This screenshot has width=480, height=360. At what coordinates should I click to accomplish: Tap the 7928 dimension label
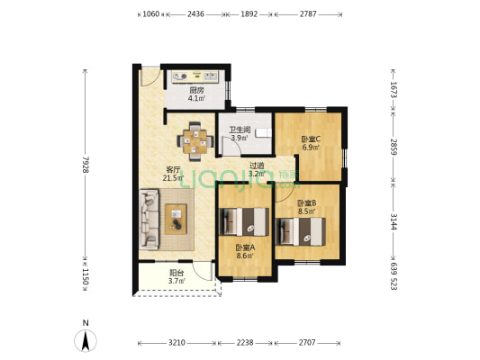pos(86,165)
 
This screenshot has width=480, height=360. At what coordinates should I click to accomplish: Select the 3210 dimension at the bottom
pos(177,343)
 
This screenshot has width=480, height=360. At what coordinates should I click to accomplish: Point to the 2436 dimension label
pos(195,13)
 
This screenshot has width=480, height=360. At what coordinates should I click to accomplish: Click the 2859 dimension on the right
pos(394,147)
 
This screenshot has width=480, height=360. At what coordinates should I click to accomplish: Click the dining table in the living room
pos(195,141)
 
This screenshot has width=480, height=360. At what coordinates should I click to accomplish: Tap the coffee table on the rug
pos(176,219)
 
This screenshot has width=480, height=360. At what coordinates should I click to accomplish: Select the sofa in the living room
pos(149,220)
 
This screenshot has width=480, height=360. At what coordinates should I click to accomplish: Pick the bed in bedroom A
pos(244,221)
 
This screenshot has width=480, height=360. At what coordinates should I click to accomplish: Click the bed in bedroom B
pos(301,231)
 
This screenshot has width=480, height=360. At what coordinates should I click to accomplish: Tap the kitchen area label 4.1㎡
pos(196,98)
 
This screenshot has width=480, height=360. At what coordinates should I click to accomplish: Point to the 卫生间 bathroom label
pos(240,130)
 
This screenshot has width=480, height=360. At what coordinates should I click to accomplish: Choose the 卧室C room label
pos(311,139)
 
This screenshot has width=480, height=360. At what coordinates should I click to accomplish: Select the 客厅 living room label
pos(173,169)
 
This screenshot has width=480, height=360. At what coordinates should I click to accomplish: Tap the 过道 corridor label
pos(257,166)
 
